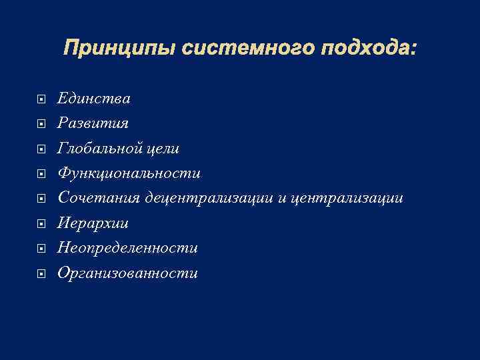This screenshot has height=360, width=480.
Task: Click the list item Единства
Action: [94, 99]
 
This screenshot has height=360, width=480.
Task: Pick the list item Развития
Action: [93, 124]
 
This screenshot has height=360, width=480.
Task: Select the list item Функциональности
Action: [129, 174]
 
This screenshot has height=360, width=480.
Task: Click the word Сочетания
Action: [99, 199]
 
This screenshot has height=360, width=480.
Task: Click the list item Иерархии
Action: [93, 223]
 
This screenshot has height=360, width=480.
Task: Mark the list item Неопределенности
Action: [127, 248]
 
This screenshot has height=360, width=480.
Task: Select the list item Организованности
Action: [127, 273]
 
